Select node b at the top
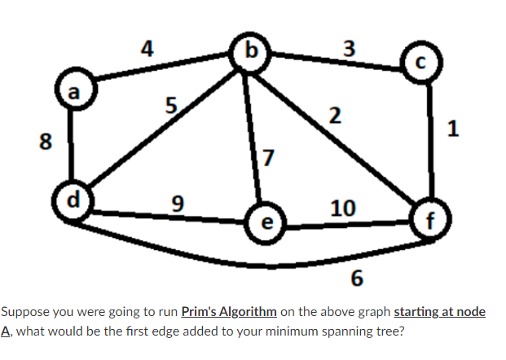pyautogui.click(x=249, y=48)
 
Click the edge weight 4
pyautogui.click(x=147, y=47)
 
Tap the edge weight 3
pyautogui.click(x=348, y=48)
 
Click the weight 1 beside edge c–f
pyautogui.click(x=453, y=126)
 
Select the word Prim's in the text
pyautogui.click(x=197, y=312)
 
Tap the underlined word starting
pyautogui.click(x=421, y=312)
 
